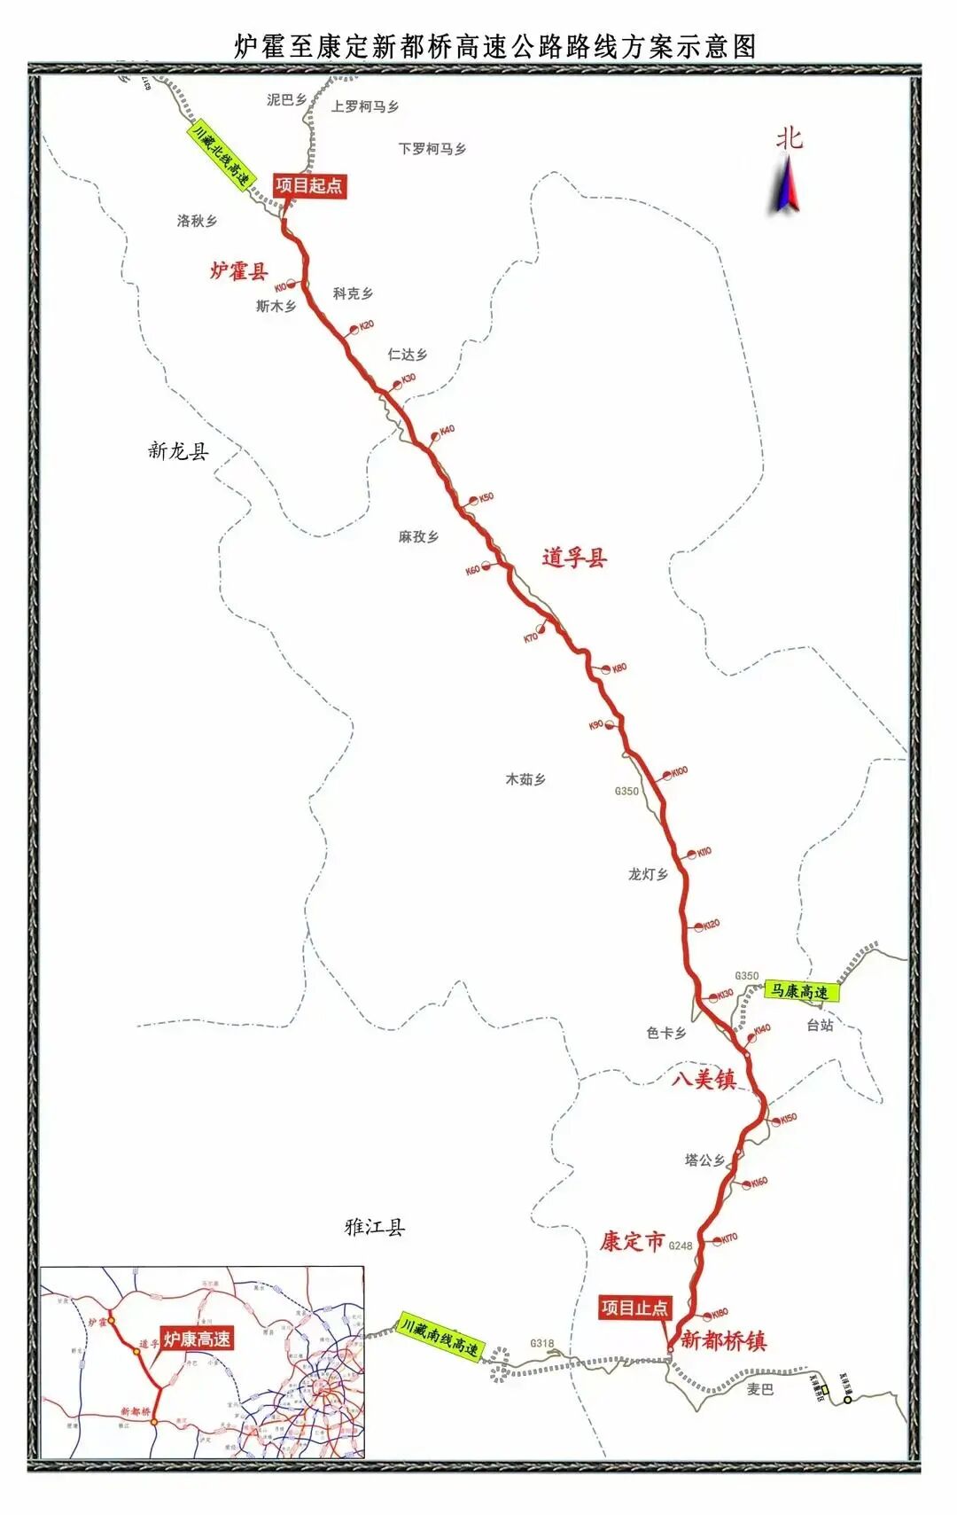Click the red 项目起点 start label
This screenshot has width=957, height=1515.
click(x=307, y=185)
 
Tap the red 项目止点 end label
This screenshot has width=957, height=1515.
click(x=634, y=1307)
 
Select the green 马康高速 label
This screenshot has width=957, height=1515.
click(x=801, y=991)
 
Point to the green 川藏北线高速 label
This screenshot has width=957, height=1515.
click(x=221, y=154)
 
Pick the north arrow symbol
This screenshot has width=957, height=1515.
click(x=785, y=183)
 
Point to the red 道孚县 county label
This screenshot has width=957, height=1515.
click(x=574, y=558)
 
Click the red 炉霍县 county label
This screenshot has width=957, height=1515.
click(x=238, y=270)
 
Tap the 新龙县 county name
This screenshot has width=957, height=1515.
click(x=178, y=450)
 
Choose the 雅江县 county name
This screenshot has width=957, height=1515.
click(x=374, y=1227)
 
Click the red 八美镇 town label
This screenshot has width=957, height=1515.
click(x=704, y=1079)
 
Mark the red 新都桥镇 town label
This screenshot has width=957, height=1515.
click(x=723, y=1340)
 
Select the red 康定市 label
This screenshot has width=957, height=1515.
click(x=632, y=1241)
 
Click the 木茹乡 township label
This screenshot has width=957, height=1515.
click(x=525, y=779)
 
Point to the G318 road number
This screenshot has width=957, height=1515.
click(x=541, y=1343)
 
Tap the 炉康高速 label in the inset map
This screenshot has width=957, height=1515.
click(x=197, y=1339)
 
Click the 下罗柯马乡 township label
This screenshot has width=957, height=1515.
click(x=432, y=149)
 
